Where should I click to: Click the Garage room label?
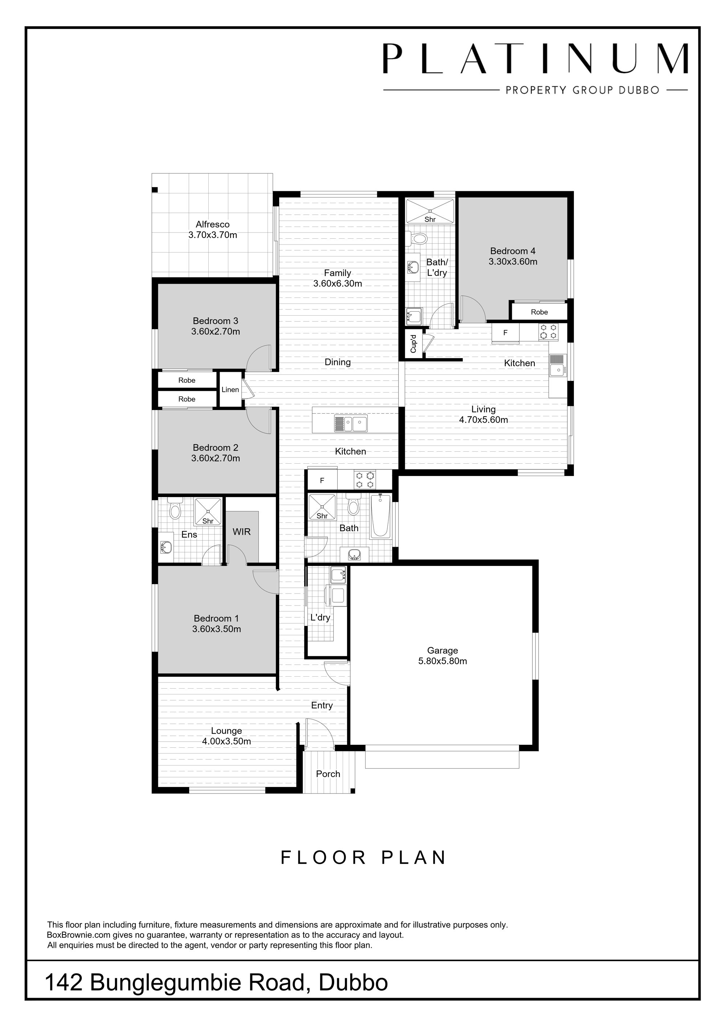click(x=442, y=651)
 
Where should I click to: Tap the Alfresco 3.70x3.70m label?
click(x=213, y=230)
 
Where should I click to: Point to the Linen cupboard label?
click(x=230, y=390)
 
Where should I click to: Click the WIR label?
click(x=241, y=532)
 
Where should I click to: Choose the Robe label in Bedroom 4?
click(x=539, y=312)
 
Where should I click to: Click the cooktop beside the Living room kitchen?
click(x=548, y=331)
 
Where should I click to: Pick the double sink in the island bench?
click(x=351, y=423)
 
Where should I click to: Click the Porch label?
click(x=328, y=774)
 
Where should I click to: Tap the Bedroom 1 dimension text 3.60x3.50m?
click(x=216, y=629)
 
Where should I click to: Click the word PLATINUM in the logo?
click(x=535, y=58)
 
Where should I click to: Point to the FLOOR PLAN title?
click(x=363, y=858)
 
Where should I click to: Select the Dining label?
click(x=338, y=362)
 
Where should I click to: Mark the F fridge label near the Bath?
click(x=322, y=481)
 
